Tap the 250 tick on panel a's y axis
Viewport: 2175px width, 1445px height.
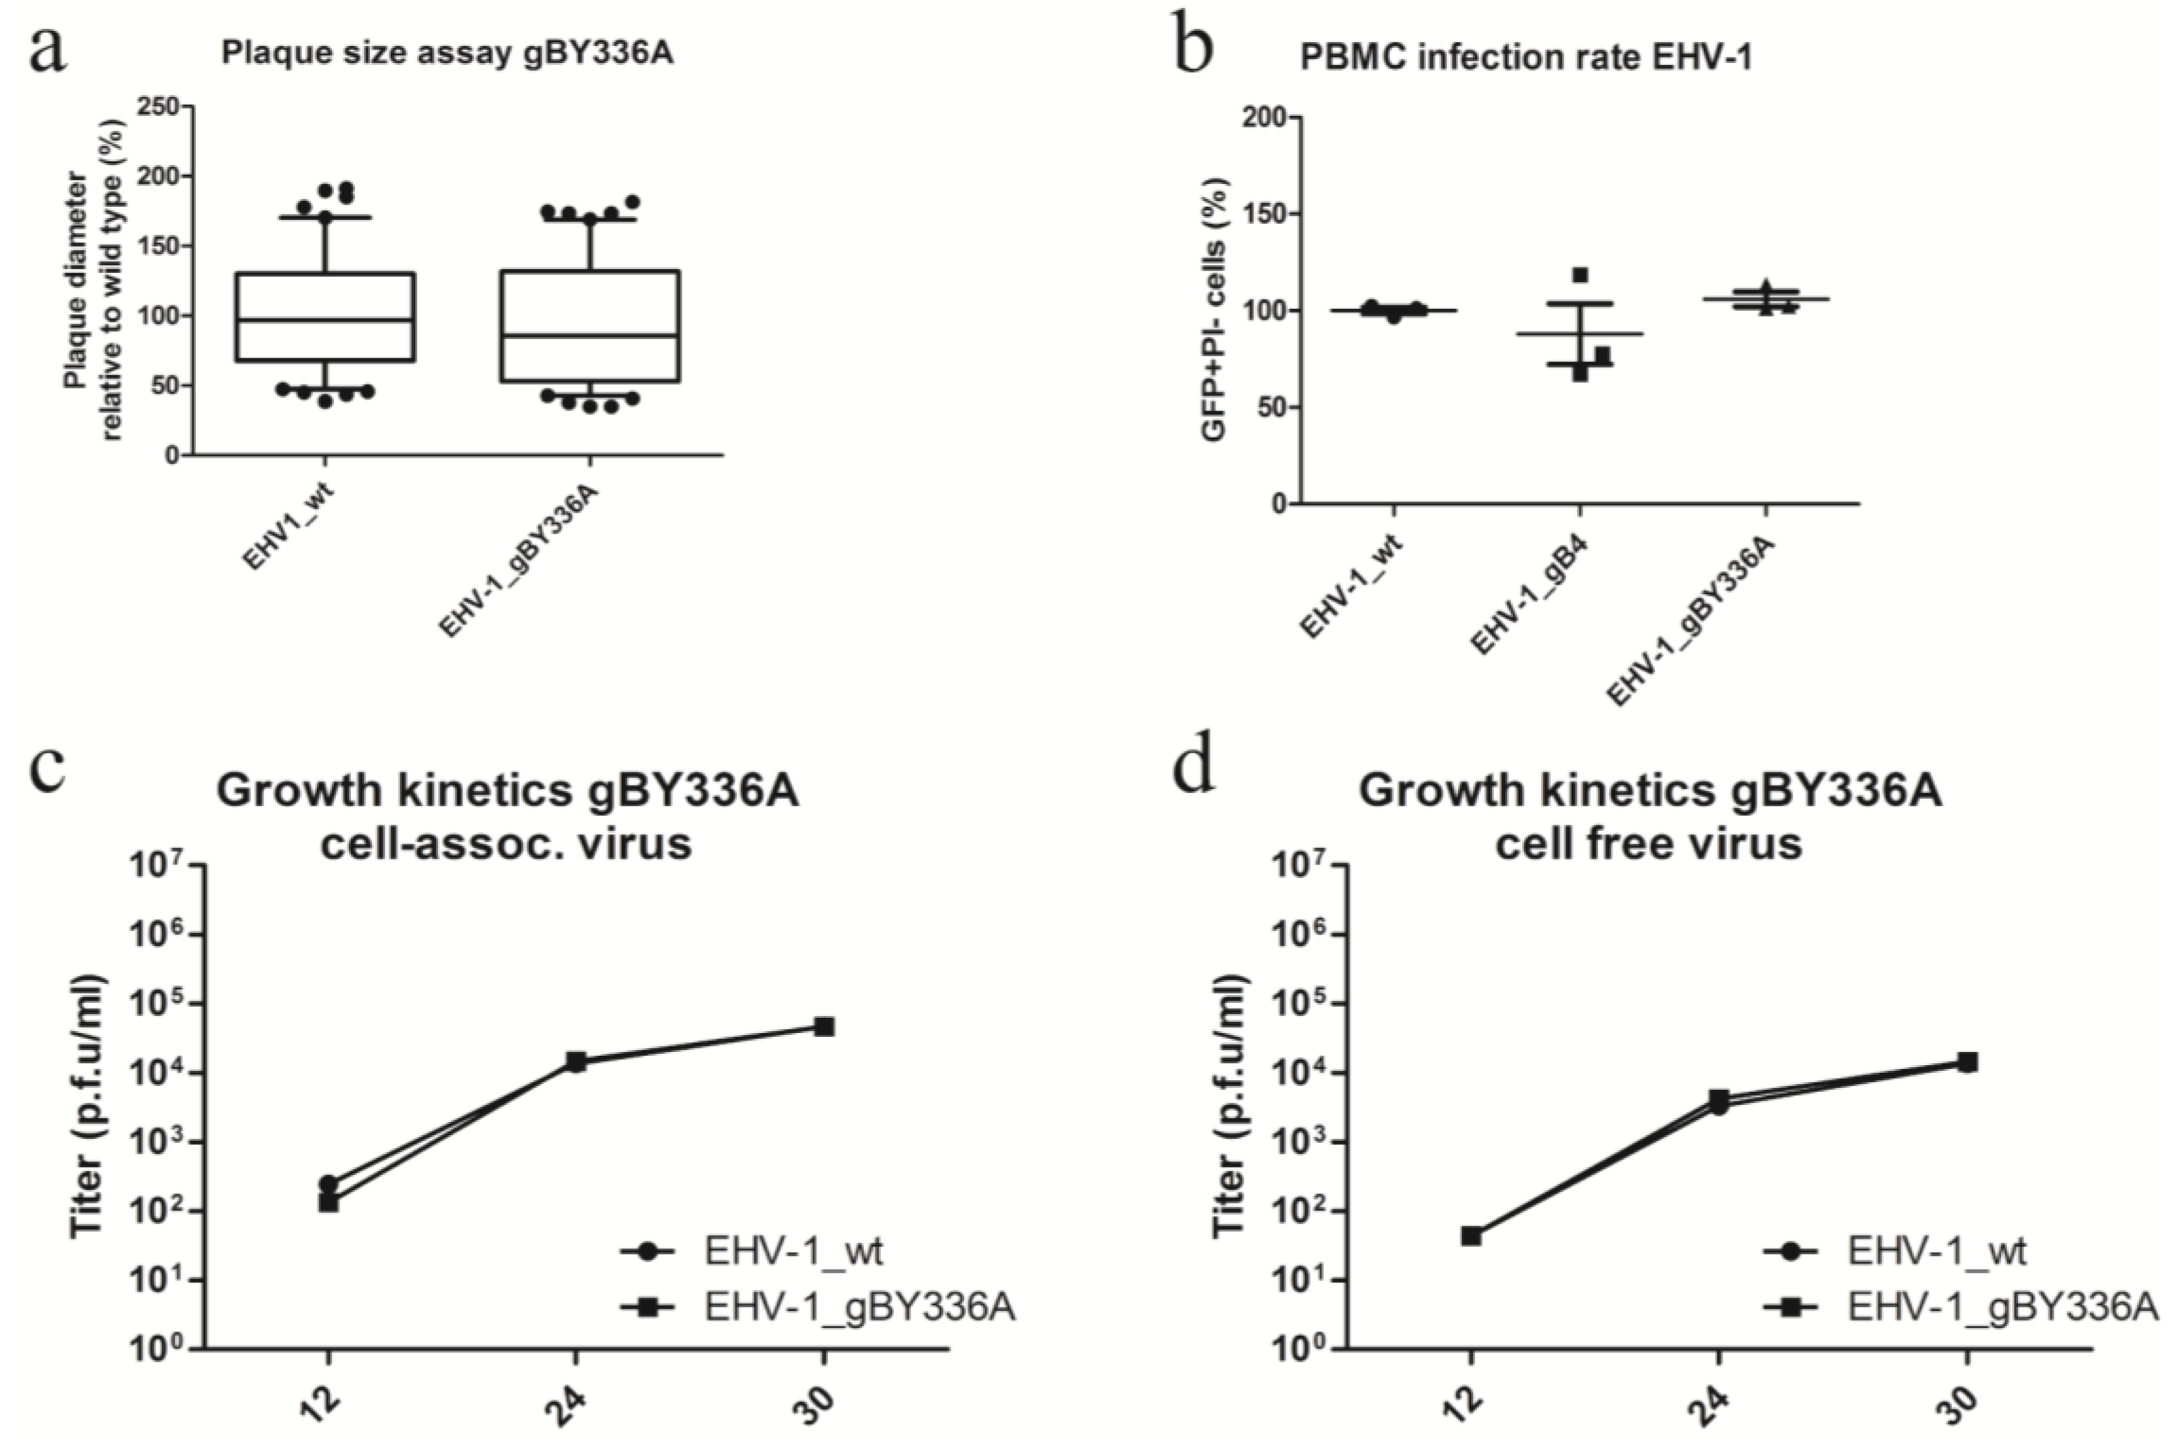[x=159, y=106]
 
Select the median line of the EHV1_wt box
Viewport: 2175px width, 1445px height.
[x=324, y=320]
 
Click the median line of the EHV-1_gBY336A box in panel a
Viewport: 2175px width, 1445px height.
[x=590, y=336]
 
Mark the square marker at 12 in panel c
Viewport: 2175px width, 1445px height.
[x=329, y=1202]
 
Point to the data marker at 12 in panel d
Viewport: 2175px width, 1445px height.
[x=1472, y=1236]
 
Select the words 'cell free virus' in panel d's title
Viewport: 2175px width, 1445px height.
[x=1648, y=843]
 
